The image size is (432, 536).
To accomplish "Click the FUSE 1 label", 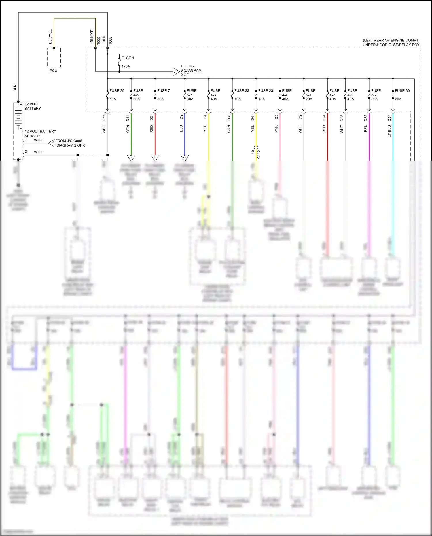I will click(x=128, y=58).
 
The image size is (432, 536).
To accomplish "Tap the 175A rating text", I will click(x=126, y=66).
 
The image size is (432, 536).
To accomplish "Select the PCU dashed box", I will click(x=54, y=58).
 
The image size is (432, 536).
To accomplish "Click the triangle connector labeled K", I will click(x=52, y=143).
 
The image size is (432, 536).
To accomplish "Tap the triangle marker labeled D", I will click(x=131, y=158).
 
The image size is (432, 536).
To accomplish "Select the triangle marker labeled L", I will click(x=155, y=158).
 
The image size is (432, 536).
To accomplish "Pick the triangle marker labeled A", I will click(x=185, y=158).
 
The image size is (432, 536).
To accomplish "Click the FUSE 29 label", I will click(x=117, y=90).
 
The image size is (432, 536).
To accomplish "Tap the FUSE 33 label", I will click(x=241, y=90).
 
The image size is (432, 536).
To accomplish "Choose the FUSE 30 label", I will click(x=402, y=90).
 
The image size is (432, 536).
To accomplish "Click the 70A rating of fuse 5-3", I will click(x=309, y=99).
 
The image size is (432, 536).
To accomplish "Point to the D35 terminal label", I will click(x=104, y=118).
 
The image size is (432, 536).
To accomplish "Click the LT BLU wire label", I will click(x=389, y=131).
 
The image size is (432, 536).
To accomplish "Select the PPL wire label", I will click(x=365, y=129).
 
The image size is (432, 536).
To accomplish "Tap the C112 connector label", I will click(x=259, y=154).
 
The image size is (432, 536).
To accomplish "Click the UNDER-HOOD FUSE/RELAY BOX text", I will click(x=391, y=45).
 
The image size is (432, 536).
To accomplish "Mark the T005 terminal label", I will click(x=110, y=41).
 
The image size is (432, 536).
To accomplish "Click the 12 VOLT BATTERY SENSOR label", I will click(x=40, y=133).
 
